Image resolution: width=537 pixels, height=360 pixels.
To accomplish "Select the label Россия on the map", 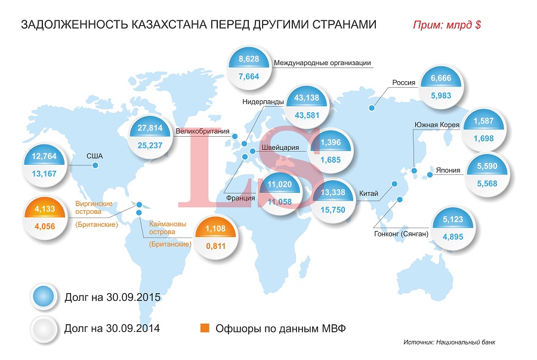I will (x=403, y=83).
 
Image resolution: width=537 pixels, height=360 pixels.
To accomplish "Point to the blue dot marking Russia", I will (x=372, y=108).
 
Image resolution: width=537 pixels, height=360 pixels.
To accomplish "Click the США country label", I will (x=95, y=156).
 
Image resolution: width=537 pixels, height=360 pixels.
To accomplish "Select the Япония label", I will (x=448, y=170).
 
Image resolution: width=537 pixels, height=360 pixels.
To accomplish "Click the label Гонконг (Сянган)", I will (x=401, y=234).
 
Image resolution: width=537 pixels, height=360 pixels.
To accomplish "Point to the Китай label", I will (x=368, y=193).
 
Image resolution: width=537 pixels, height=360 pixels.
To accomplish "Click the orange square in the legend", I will (x=204, y=328).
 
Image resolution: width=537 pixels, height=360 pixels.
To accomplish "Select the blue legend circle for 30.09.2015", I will (x=44, y=296).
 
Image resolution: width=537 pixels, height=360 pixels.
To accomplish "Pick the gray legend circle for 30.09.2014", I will (x=44, y=328).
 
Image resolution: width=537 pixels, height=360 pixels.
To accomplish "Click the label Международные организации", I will (x=322, y=63).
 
